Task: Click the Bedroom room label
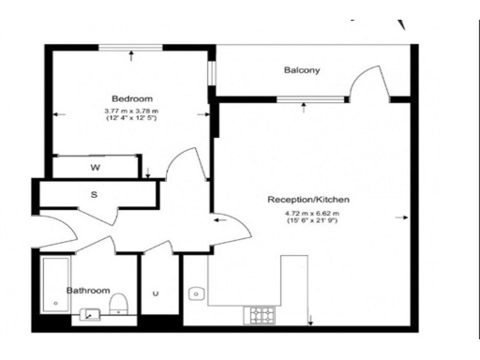pyautogui.click(x=131, y=98)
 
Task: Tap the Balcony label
pyautogui.click(x=302, y=70)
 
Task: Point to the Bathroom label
pyautogui.click(x=88, y=291)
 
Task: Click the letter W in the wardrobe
pyautogui.click(x=95, y=168)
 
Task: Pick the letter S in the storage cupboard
pyautogui.click(x=94, y=195)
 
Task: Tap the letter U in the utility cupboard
pyautogui.click(x=156, y=293)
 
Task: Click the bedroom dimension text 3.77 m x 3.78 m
pyautogui.click(x=131, y=112)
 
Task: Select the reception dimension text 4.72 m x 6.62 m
pyautogui.click(x=311, y=213)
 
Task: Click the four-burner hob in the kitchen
pyautogui.click(x=258, y=315)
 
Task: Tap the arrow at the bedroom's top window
pyautogui.click(x=130, y=55)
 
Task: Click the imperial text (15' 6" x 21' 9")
pyautogui.click(x=311, y=220)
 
